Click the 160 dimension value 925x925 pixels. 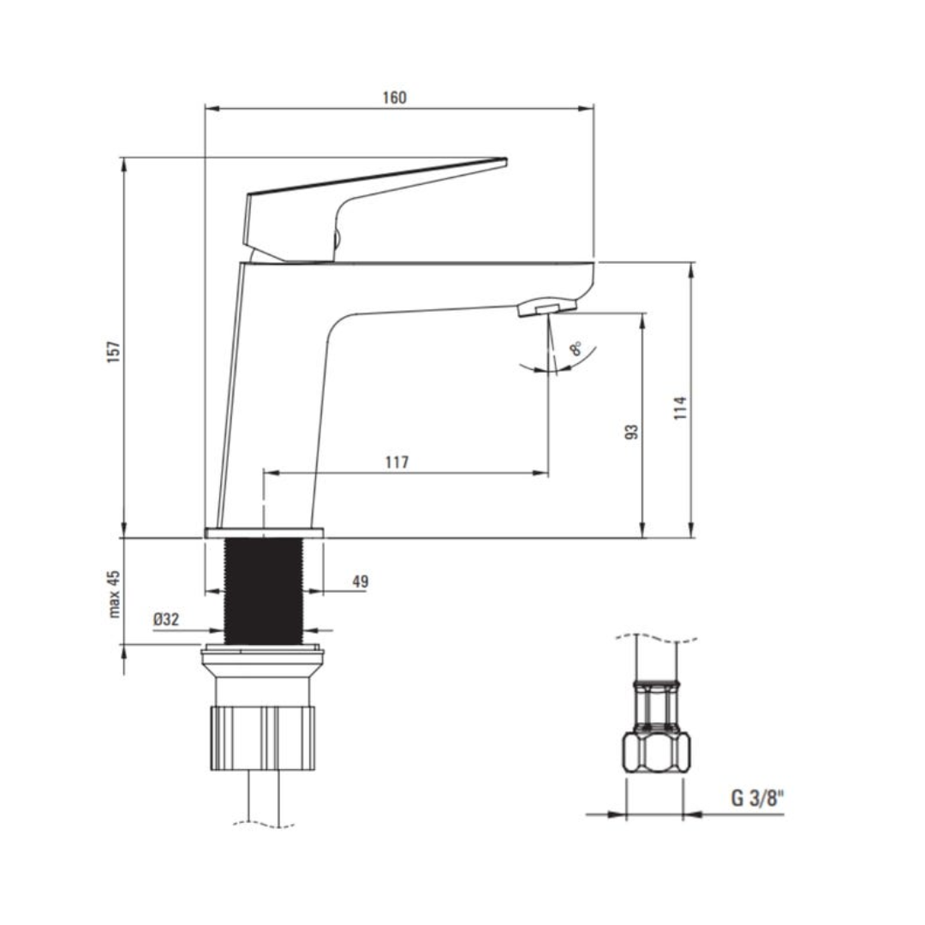394,98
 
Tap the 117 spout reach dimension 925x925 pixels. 397,462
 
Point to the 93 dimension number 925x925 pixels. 632,431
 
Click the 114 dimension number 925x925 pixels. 681,407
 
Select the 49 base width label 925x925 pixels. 360,582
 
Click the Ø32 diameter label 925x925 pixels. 167,619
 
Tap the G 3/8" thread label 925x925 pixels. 757,799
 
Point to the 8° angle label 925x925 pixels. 576,349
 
